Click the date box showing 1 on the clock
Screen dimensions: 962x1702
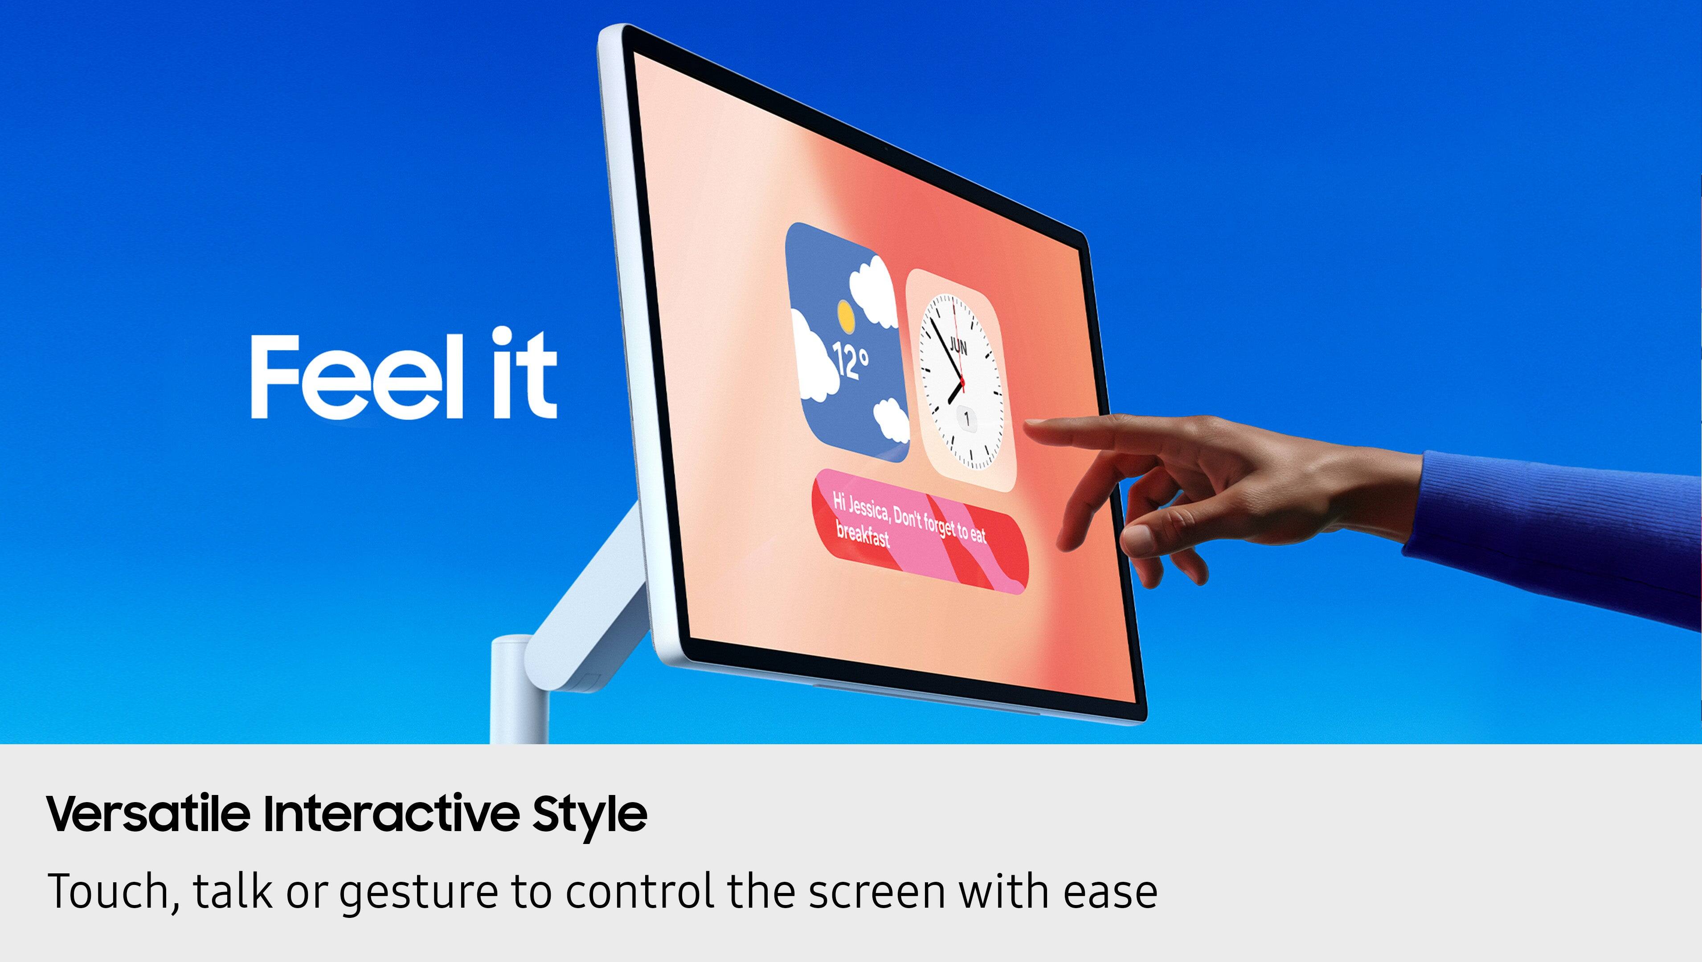966,419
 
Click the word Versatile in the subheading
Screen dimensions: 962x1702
149,814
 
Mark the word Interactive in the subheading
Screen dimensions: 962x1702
390,814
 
